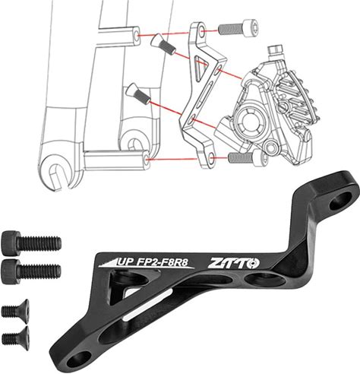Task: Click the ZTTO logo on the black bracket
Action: click(233, 263)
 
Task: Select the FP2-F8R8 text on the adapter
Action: click(163, 262)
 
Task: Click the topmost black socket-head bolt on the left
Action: click(31, 243)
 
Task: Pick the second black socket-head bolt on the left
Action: click(31, 271)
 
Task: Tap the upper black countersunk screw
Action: click(16, 309)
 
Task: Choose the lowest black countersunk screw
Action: click(16, 337)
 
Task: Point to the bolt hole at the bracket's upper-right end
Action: click(341, 200)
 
